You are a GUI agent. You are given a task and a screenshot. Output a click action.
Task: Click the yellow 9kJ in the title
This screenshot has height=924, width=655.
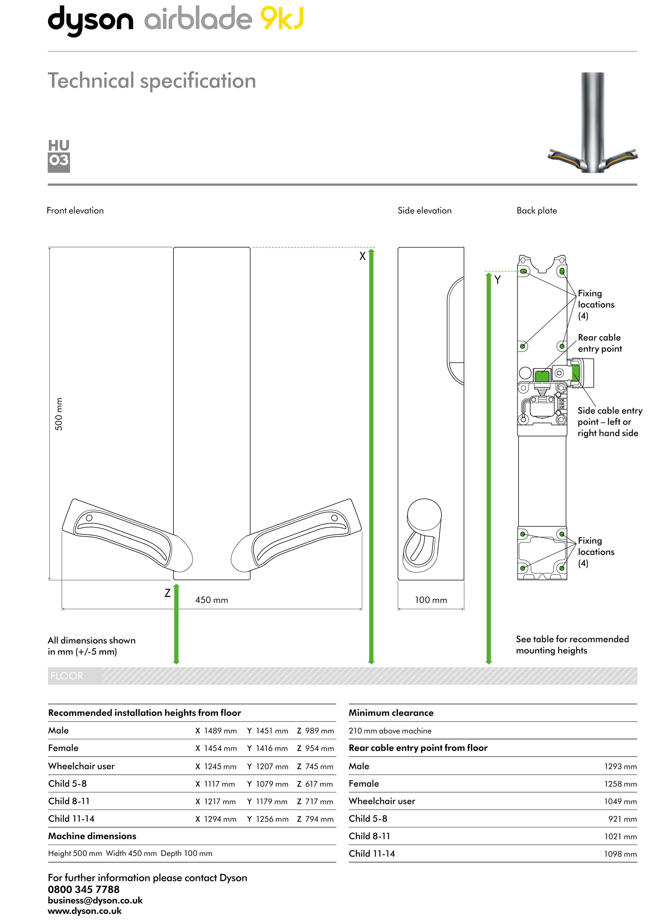[x=282, y=18]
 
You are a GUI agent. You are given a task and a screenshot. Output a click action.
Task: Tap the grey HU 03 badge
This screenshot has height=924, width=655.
[x=59, y=156]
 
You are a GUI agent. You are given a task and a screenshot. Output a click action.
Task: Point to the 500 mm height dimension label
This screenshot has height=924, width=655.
[x=59, y=414]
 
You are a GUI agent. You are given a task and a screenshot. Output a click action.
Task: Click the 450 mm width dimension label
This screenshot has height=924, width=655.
[x=212, y=600]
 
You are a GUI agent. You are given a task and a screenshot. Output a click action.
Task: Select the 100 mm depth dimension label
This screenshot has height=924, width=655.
[x=431, y=600]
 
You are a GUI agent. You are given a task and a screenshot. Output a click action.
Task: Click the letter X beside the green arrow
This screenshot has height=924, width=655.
[x=362, y=256]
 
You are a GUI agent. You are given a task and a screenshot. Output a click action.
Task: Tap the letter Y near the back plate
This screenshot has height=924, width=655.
[x=497, y=280]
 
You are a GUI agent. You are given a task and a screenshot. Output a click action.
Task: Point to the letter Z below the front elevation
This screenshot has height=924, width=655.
[x=167, y=593]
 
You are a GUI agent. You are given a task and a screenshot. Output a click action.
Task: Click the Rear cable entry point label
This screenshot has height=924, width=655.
[x=600, y=343]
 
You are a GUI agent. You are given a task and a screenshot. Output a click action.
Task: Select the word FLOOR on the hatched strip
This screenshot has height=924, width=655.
[x=67, y=676]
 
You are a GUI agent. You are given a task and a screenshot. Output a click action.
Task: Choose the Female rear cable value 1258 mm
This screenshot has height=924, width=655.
[x=620, y=784]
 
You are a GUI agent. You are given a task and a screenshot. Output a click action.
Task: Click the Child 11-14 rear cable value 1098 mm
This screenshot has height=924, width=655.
[x=620, y=854]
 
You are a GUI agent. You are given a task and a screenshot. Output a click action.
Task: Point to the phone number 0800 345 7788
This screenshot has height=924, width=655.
[x=84, y=889]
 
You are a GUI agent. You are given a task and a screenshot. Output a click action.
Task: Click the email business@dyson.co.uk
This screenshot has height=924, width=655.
[x=95, y=900]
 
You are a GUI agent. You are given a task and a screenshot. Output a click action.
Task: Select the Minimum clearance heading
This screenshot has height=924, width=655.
[x=391, y=713]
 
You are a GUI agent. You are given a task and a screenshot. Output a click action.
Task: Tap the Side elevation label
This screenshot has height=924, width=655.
[x=424, y=210]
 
